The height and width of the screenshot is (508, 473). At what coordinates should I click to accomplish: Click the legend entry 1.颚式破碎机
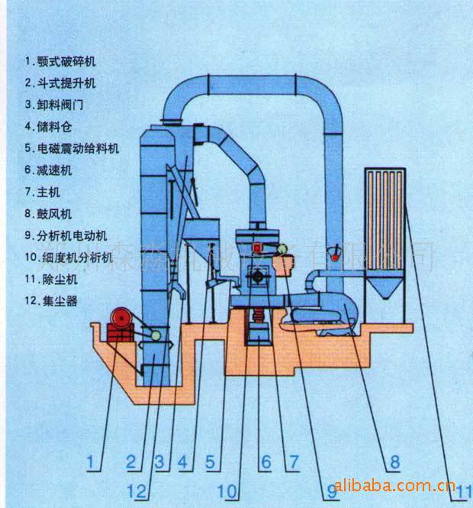[61, 60]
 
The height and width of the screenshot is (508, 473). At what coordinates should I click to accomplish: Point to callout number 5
[211, 461]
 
